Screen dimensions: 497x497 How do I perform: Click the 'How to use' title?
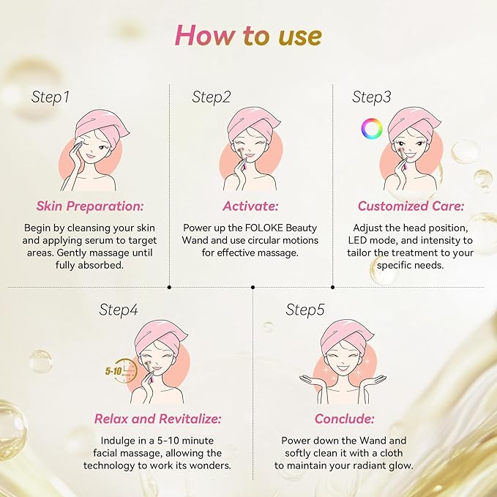[249, 35]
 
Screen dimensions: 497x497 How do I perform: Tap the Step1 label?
[50, 97]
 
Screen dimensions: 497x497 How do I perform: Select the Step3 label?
[372, 97]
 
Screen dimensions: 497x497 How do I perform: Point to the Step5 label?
[305, 310]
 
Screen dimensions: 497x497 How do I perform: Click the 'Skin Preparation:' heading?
[90, 206]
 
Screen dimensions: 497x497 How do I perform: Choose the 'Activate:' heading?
[250, 206]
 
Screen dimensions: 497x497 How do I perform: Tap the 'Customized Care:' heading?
[411, 206]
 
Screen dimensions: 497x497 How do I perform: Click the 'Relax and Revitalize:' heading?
[157, 419]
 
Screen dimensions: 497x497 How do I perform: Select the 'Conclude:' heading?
[345, 419]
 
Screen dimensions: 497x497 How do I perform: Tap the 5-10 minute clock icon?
[122, 370]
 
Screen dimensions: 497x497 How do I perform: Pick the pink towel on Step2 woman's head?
[253, 122]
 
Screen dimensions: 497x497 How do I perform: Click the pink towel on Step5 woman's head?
[346, 335]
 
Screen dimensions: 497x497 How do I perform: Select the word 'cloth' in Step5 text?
[391, 453]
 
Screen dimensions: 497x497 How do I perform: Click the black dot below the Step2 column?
[253, 287]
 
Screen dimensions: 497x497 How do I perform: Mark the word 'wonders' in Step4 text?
[210, 466]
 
